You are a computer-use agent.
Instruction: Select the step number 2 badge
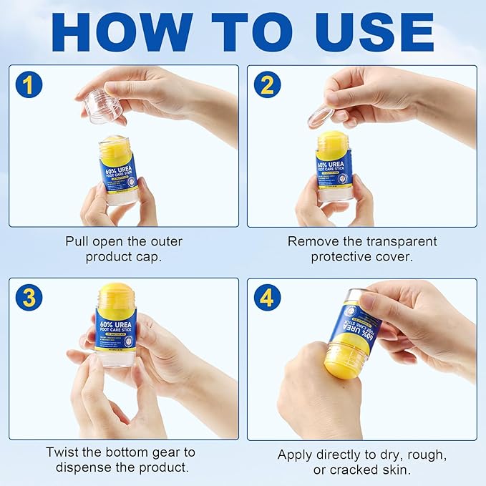(x=266, y=84)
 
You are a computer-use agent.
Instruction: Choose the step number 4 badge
(x=266, y=296)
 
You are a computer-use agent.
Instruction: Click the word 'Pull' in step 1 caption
(x=79, y=241)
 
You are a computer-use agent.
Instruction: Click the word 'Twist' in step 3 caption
(x=63, y=452)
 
